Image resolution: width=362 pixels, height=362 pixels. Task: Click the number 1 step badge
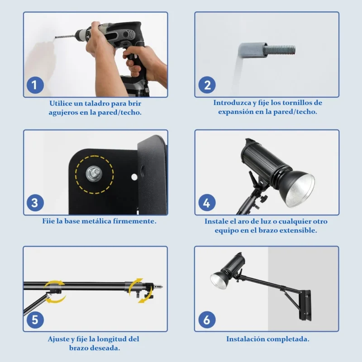coord(35,85)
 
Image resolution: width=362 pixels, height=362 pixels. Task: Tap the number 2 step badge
coord(207,85)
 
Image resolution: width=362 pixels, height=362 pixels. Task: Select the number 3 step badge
coord(35,203)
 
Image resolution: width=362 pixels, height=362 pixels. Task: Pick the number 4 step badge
coord(207,203)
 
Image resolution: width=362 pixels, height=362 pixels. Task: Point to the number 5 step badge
coord(35,320)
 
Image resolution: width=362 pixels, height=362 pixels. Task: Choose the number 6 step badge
coord(207,320)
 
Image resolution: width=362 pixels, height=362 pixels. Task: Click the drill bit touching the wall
coord(65,37)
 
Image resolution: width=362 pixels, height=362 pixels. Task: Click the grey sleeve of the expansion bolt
coord(253,50)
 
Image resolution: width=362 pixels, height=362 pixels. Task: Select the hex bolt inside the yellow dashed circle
coord(94,174)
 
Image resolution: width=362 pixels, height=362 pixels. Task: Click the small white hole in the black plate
coord(134,177)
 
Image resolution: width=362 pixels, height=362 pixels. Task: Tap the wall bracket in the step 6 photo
coord(305,305)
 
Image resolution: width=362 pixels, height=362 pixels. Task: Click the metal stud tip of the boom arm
coord(159,287)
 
